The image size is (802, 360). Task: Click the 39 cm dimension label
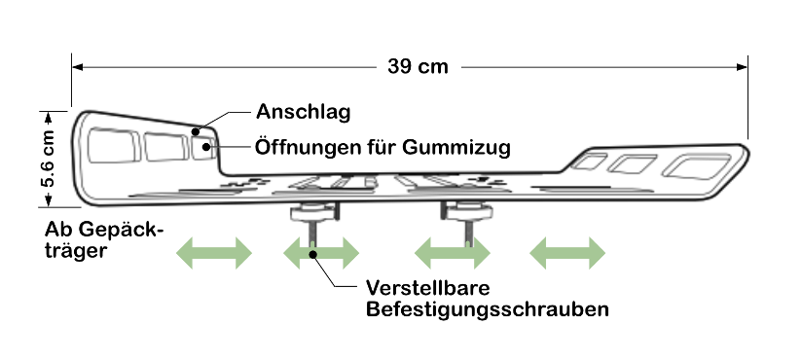[418, 66]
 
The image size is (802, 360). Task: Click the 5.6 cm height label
[48, 159]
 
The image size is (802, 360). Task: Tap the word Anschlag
[304, 112]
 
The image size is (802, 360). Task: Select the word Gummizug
[456, 148]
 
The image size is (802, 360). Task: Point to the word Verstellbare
[427, 287]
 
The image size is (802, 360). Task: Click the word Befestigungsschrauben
[487, 309]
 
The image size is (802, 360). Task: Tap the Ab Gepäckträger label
[104, 239]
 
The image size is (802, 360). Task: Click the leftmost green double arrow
[214, 253]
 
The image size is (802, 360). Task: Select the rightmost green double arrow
[567, 253]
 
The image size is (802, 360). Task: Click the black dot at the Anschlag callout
[196, 132]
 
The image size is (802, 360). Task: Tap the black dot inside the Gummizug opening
[205, 147]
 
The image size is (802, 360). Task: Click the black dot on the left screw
[313, 253]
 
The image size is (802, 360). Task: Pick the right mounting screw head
[466, 210]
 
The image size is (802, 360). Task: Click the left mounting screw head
[314, 211]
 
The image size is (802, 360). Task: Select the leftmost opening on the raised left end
[113, 146]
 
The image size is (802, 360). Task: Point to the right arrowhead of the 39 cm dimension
[742, 67]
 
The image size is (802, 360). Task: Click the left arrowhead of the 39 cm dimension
[78, 67]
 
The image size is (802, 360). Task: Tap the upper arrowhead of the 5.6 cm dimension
[48, 118]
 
